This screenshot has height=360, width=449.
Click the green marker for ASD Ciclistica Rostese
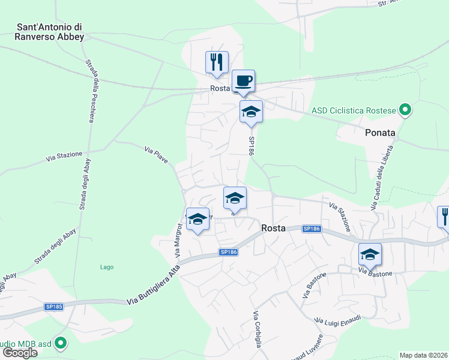pyautogui.click(x=405, y=110)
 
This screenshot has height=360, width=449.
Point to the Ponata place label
pyautogui.click(x=381, y=133)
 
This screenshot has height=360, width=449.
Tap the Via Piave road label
pyautogui.click(x=160, y=154)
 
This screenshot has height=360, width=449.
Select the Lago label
pyautogui.click(x=107, y=267)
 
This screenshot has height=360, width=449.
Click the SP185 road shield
pyautogui.click(x=53, y=307)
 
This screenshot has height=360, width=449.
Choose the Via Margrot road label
pyautogui.click(x=178, y=240)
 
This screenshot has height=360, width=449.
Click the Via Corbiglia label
pyautogui.click(x=257, y=329)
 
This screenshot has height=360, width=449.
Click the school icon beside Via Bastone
pyautogui.click(x=370, y=254)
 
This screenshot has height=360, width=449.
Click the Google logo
pyautogui.click(x=20, y=353)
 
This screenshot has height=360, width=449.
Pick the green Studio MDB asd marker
pyautogui.click(x=60, y=343)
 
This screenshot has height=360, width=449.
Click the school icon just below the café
pyautogui.click(x=251, y=111)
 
